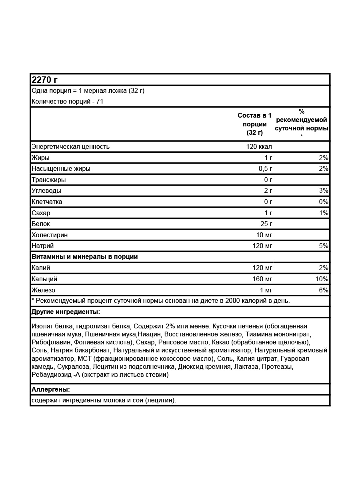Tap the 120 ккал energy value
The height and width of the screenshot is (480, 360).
[259, 146]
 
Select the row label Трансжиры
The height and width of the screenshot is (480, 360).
[49, 180]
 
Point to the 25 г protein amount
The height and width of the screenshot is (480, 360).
[266, 224]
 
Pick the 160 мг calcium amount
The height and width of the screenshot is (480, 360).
[262, 279]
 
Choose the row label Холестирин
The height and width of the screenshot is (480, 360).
[50, 235]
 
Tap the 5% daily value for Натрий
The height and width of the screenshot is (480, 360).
[324, 246]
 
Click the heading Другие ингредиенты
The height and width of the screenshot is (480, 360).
[66, 312]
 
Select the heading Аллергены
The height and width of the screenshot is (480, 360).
[50, 389]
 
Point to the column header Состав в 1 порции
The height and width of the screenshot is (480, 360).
[254, 124]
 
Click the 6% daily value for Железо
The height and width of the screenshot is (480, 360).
[324, 290]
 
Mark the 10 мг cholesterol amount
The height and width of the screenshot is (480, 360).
[264, 235]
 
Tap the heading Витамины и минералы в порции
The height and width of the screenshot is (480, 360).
[84, 257]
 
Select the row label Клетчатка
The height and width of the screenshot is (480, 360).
[47, 202]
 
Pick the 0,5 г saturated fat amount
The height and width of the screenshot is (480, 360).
[266, 168]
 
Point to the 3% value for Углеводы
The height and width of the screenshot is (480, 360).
[324, 190]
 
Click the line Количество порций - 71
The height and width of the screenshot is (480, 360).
[68, 102]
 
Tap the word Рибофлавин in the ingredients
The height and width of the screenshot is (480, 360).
[51, 342]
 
